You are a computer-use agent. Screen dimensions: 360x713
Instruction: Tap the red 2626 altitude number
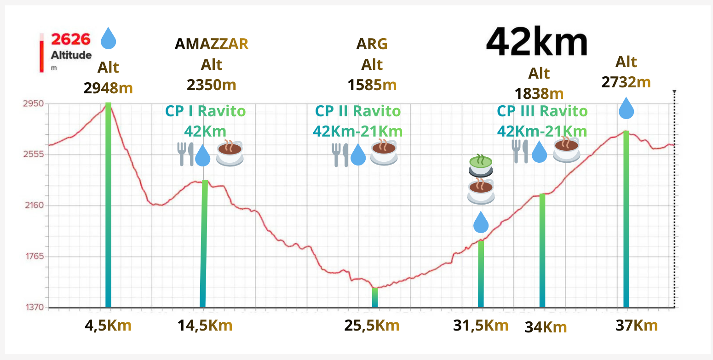coord(71,39)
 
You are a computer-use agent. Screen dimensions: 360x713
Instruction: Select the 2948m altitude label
coord(108,87)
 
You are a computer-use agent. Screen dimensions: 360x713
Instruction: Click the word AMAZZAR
coord(212,44)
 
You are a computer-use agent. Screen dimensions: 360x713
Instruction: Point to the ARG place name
coord(372,44)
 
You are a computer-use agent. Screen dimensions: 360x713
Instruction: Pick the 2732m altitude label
coord(626,82)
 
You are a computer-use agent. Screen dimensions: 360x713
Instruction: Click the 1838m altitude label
coord(539,93)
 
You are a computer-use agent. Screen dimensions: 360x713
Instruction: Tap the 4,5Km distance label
coord(108,326)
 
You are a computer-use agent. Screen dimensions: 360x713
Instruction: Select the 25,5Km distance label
coord(372,326)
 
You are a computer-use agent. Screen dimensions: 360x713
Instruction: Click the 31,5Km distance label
coord(481,326)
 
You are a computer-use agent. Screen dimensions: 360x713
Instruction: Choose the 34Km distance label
coord(546,327)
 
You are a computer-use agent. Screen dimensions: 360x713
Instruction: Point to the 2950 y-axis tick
coord(33,104)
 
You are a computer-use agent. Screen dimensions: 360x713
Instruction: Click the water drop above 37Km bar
coord(626,109)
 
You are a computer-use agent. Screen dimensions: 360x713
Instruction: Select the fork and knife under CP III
coord(521,151)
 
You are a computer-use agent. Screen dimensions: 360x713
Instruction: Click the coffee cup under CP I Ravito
coord(229,153)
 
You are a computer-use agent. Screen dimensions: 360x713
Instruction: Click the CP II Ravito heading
coord(357,111)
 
